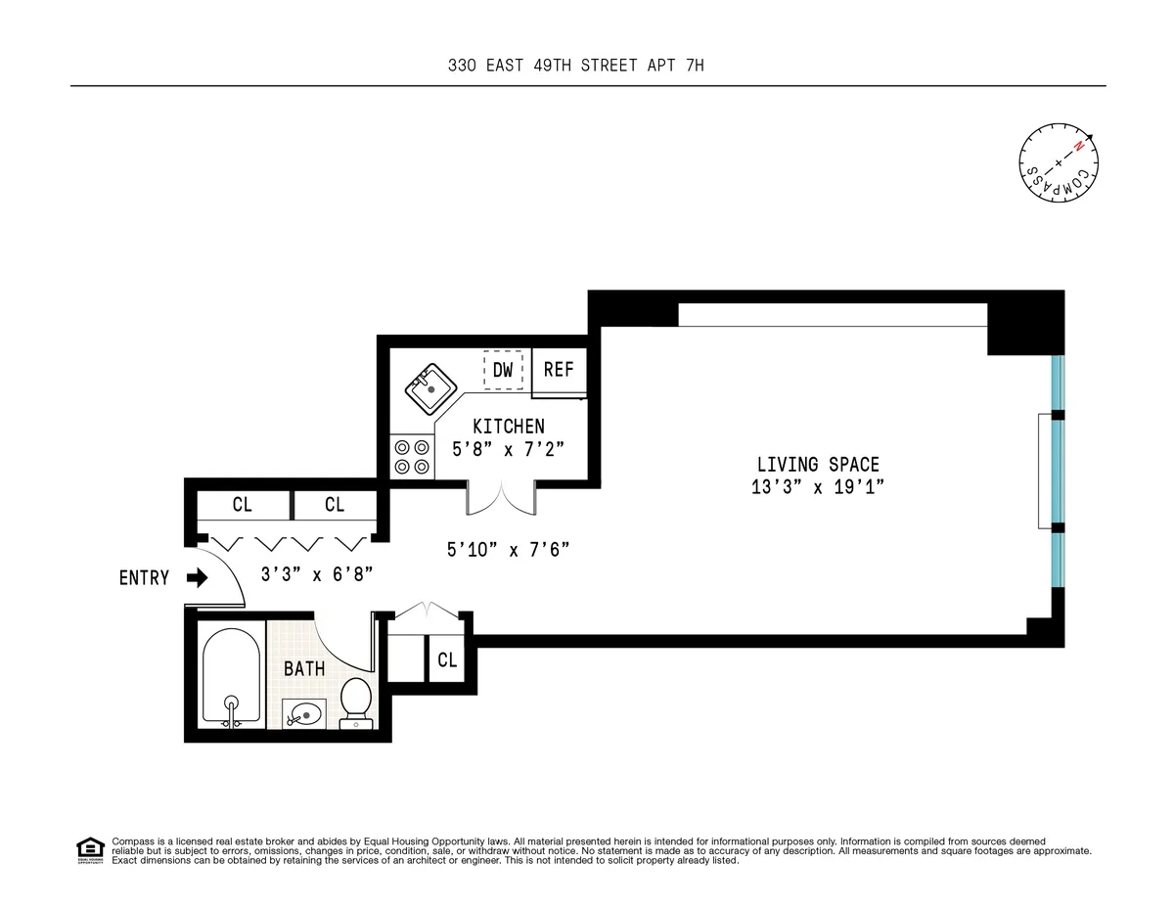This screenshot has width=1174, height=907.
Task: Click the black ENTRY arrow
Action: pyautogui.click(x=198, y=578)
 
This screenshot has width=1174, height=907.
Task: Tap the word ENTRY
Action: pyautogui.click(x=145, y=578)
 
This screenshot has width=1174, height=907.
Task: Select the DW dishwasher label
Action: pyautogui.click(x=503, y=370)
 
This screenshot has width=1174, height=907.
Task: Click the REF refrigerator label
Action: pyautogui.click(x=559, y=370)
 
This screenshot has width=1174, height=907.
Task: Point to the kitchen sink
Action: pyautogui.click(x=429, y=389)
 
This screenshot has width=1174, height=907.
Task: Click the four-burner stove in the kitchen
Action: pyautogui.click(x=412, y=456)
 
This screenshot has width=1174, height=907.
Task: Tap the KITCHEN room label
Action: pyautogui.click(x=509, y=427)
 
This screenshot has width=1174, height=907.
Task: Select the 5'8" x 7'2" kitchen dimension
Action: pyautogui.click(x=509, y=449)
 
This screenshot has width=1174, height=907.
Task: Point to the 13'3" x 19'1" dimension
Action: pyautogui.click(x=818, y=487)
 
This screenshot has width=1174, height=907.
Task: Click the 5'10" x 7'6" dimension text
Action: pyautogui.click(x=508, y=550)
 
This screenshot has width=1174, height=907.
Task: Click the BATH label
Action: pyautogui.click(x=304, y=669)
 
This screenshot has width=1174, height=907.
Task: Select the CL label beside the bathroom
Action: pyautogui.click(x=447, y=660)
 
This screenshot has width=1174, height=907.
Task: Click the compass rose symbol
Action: pyautogui.click(x=1059, y=162)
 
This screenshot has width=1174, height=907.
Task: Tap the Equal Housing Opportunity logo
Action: pyautogui.click(x=90, y=850)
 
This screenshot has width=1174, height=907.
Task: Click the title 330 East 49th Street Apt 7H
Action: pyautogui.click(x=587, y=66)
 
